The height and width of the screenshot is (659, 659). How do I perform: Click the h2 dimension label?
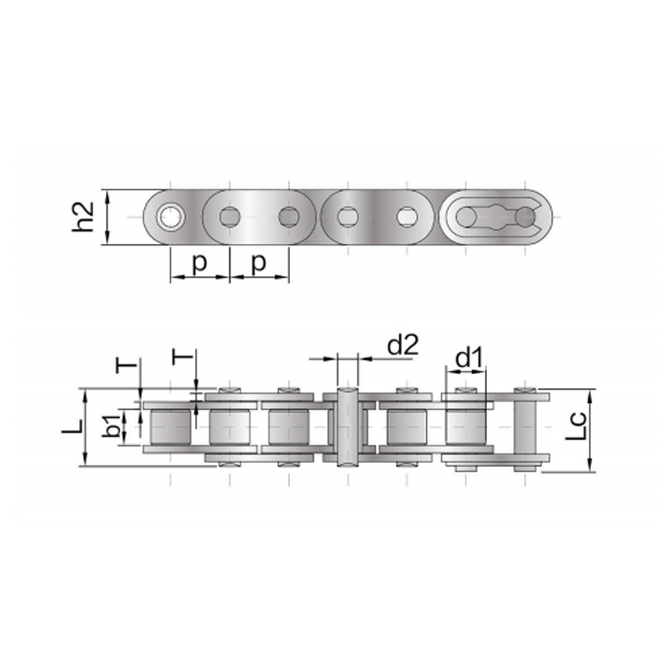[x=83, y=217]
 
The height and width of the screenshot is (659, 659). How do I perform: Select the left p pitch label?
[x=199, y=264]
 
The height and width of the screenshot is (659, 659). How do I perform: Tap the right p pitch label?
[x=259, y=264]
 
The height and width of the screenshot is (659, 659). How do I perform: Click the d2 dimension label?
[x=403, y=345]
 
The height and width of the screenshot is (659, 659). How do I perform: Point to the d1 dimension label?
[x=470, y=358]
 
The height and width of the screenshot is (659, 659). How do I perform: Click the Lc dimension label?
[x=575, y=426]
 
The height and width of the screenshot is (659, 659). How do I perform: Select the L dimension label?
[x=72, y=427]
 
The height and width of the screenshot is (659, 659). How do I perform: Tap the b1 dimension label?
[x=111, y=425]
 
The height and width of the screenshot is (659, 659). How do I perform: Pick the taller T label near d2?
[x=182, y=357]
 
